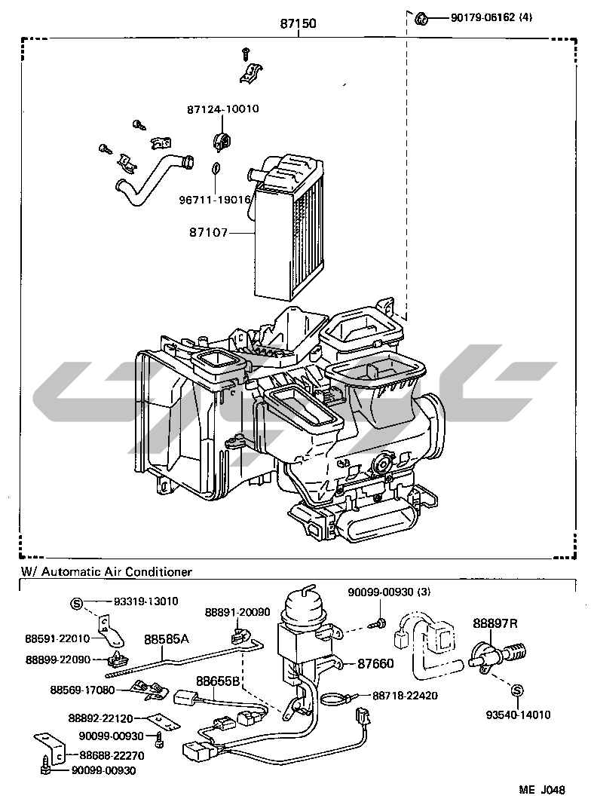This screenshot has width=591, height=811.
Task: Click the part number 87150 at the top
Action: (x=298, y=23)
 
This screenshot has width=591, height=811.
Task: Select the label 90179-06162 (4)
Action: (x=491, y=17)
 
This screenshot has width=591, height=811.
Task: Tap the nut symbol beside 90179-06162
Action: (x=422, y=19)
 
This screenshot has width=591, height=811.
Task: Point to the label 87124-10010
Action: (x=223, y=109)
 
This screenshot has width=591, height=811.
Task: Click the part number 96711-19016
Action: (x=215, y=199)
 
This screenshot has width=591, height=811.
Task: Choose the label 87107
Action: (x=208, y=233)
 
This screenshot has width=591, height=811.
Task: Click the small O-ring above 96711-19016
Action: (x=216, y=169)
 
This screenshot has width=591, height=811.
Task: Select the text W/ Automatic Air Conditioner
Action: (x=106, y=571)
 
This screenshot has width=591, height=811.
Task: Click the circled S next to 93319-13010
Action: (x=76, y=603)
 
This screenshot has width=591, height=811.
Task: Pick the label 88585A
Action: (x=167, y=639)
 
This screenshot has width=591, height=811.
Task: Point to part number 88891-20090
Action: (x=237, y=612)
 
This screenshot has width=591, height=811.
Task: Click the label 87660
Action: (x=375, y=663)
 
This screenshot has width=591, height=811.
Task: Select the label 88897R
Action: (x=495, y=623)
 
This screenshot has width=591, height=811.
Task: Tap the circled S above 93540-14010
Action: (x=516, y=690)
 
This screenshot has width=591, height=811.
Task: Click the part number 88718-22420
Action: (x=406, y=696)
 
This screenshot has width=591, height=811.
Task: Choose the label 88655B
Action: (x=218, y=681)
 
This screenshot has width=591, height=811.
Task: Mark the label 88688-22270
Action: (x=112, y=756)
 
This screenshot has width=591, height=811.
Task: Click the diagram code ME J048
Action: (x=542, y=790)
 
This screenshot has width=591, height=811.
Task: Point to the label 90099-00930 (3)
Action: (x=389, y=592)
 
